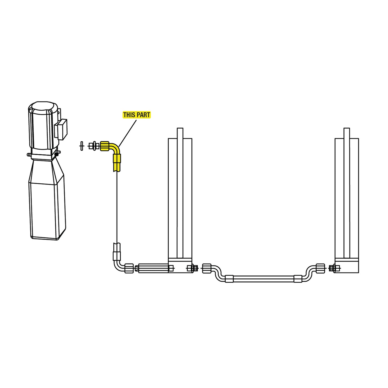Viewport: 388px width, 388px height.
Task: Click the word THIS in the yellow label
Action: pos(129,115)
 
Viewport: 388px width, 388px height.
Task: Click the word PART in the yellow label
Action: pos(143,115)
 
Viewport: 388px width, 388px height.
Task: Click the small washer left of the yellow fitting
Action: pos(82,146)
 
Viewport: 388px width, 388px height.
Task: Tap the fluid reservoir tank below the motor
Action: pos(47,204)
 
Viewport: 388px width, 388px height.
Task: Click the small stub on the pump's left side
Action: pos(28,155)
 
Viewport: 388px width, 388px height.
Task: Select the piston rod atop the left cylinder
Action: pos(180,133)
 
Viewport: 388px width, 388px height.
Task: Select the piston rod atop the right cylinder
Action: pos(347,133)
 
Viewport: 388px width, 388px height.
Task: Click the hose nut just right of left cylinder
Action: pos(206,268)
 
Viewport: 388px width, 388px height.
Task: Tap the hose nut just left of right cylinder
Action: pos(320,268)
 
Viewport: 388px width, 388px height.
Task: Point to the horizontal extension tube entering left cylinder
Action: pos(153,268)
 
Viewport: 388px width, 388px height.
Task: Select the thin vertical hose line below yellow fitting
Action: pos(117,207)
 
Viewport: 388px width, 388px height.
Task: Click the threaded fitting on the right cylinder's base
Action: pos(334,268)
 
